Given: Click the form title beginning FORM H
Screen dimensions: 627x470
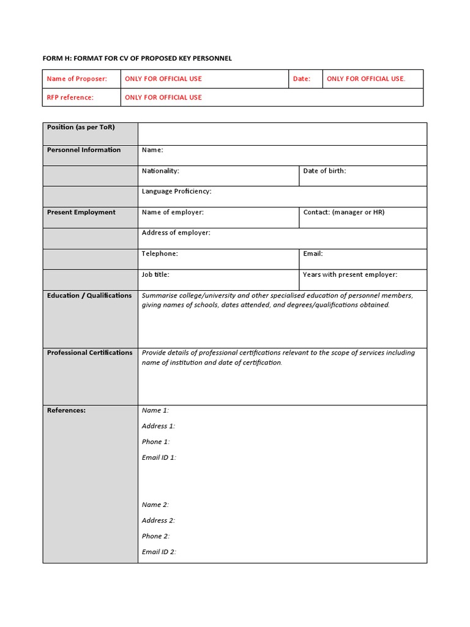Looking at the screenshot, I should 137,58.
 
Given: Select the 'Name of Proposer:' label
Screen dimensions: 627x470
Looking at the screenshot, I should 76,79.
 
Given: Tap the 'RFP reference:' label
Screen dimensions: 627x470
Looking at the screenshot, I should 70,97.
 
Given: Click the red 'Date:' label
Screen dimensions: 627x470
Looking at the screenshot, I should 302,79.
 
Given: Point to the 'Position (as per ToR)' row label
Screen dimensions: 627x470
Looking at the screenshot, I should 81,127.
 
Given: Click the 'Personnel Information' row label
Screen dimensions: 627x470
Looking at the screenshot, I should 84,150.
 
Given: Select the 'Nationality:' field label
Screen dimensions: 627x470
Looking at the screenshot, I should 160,171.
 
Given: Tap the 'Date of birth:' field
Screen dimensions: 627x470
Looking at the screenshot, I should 324,171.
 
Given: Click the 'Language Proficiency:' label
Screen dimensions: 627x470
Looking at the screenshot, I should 176,192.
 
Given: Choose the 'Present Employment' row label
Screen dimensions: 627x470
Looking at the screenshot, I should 81,212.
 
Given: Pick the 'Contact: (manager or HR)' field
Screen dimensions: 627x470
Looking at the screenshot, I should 344,212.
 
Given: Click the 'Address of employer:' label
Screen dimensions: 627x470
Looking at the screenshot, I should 176,233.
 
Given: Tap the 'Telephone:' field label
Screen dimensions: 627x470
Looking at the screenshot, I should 160,253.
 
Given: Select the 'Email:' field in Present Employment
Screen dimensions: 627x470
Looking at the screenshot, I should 313,253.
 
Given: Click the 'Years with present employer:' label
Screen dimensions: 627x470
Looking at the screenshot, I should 350,274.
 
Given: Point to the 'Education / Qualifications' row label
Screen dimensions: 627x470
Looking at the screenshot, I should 89,296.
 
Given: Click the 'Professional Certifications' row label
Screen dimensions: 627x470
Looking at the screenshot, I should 89,353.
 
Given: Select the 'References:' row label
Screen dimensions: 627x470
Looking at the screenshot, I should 66,410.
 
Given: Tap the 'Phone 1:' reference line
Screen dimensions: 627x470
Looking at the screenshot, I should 156,442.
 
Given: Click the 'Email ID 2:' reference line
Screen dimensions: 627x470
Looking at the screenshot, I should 159,552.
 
